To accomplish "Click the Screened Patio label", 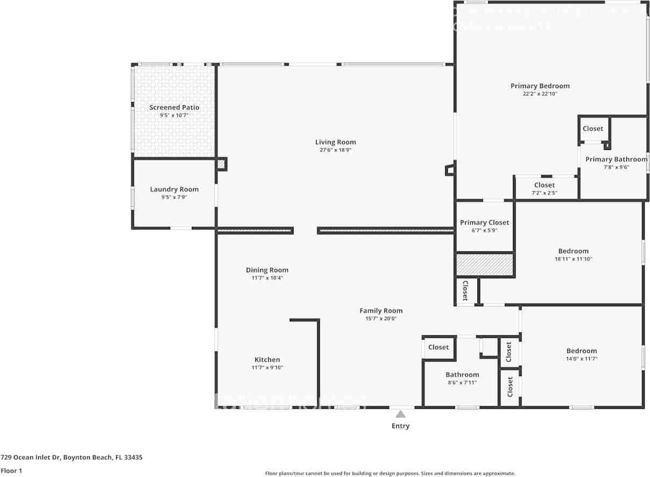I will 174,107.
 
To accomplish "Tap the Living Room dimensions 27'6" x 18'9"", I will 335,150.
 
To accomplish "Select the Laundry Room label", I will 174,189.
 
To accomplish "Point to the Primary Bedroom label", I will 540,86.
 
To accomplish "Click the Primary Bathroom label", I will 616,159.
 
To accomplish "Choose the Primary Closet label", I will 484,222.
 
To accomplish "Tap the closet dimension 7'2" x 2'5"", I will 544,193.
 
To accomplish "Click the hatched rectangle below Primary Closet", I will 485,265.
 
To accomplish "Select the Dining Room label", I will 267,270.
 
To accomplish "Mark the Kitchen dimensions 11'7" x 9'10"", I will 267,368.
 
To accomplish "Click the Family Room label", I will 381,310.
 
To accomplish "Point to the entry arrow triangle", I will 400,414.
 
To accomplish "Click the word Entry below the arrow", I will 400,426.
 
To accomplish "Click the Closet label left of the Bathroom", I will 438,348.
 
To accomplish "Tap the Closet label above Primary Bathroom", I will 593,128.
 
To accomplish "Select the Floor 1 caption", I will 11,471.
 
